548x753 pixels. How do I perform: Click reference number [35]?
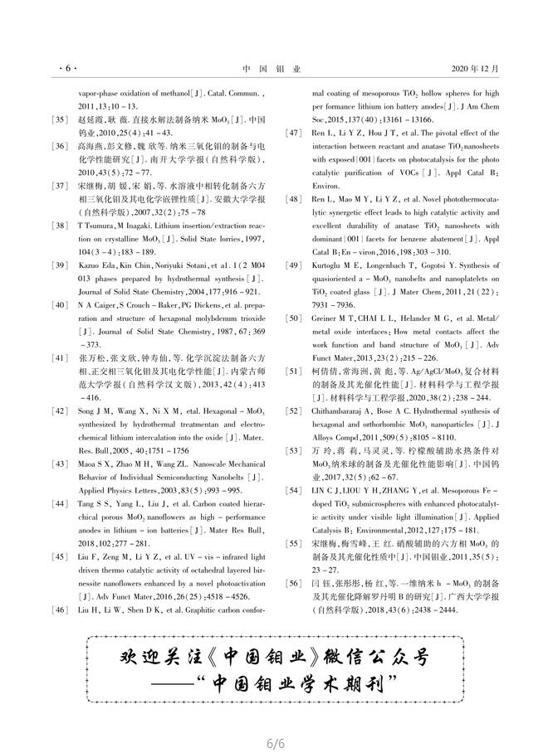[60, 120]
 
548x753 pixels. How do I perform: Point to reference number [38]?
[60, 226]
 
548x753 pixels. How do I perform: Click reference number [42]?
[60, 411]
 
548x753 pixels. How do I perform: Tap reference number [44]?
[60, 503]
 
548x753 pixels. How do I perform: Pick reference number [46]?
[60, 610]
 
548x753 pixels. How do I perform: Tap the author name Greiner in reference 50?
[324, 318]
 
